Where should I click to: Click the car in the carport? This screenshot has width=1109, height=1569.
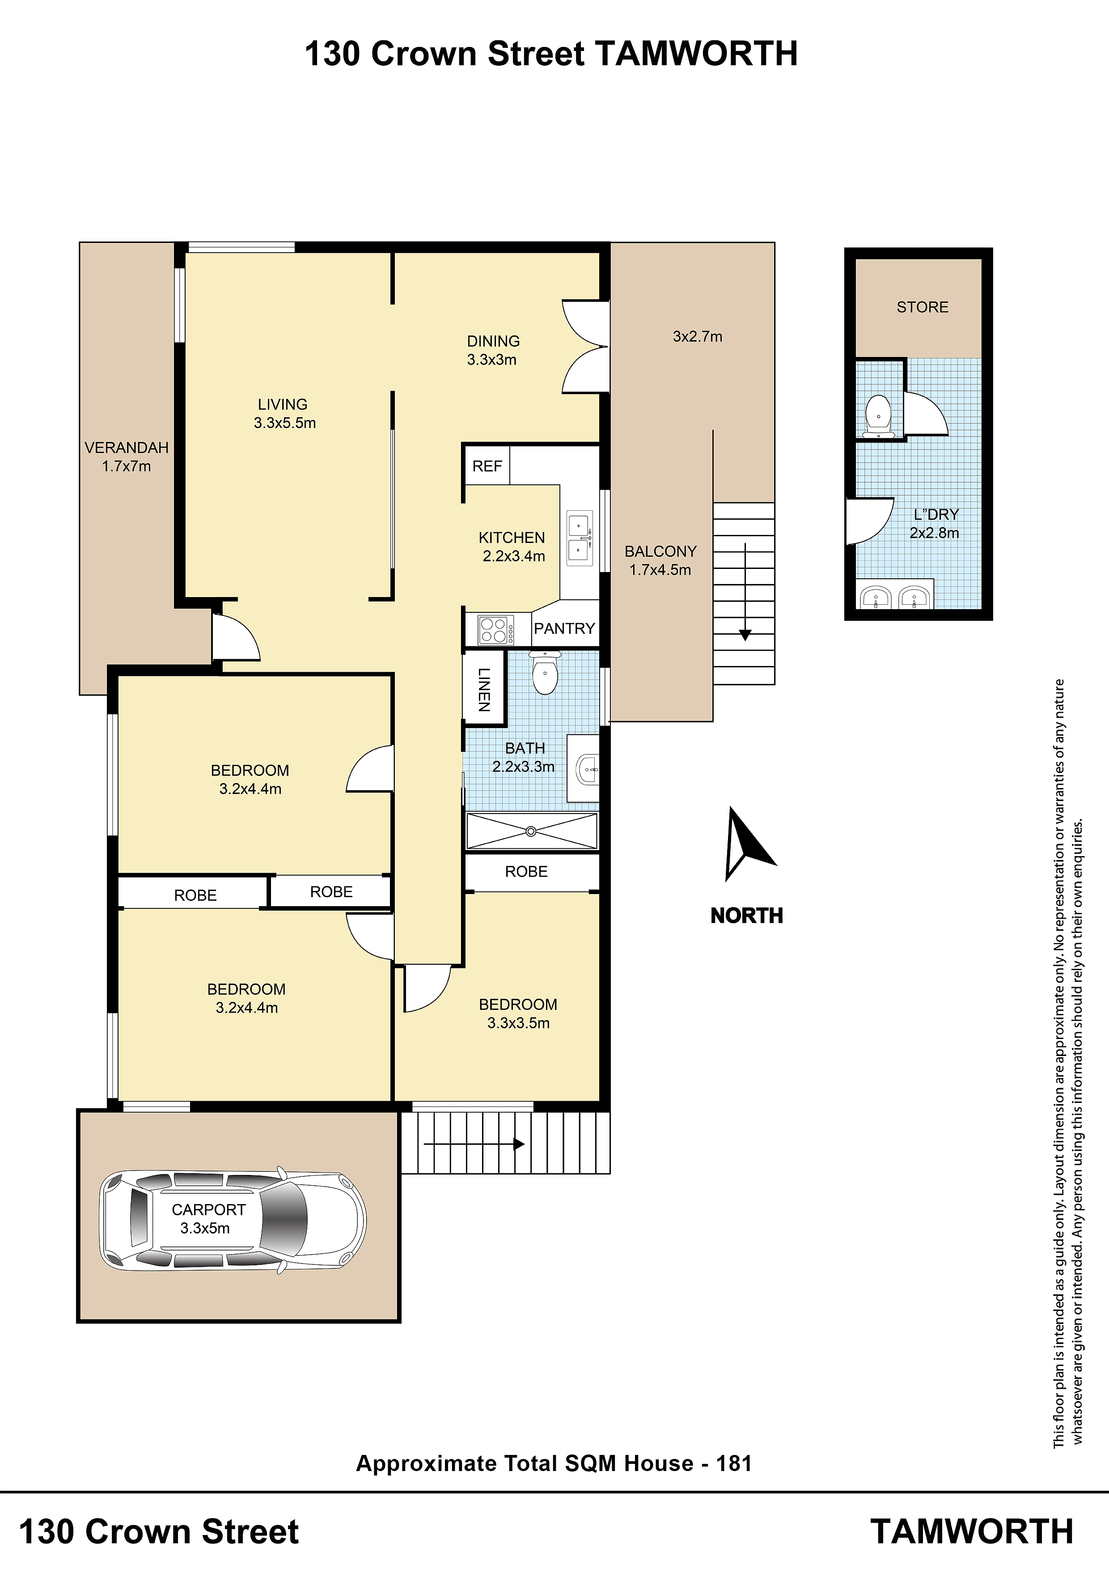(233, 1220)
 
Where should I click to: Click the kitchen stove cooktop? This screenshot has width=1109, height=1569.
(496, 629)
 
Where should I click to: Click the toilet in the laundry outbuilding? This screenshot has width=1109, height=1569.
(878, 416)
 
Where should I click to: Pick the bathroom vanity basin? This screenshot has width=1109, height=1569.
(586, 769)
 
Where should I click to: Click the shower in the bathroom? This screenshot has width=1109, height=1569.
(532, 831)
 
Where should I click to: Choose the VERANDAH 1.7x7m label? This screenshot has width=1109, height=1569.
(127, 457)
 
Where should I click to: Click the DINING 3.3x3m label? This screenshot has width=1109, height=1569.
(493, 350)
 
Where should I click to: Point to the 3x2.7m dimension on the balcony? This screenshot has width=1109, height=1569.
(697, 336)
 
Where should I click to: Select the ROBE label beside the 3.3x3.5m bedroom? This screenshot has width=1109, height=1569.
(526, 871)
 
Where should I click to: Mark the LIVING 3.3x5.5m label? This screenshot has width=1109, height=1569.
(284, 413)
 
